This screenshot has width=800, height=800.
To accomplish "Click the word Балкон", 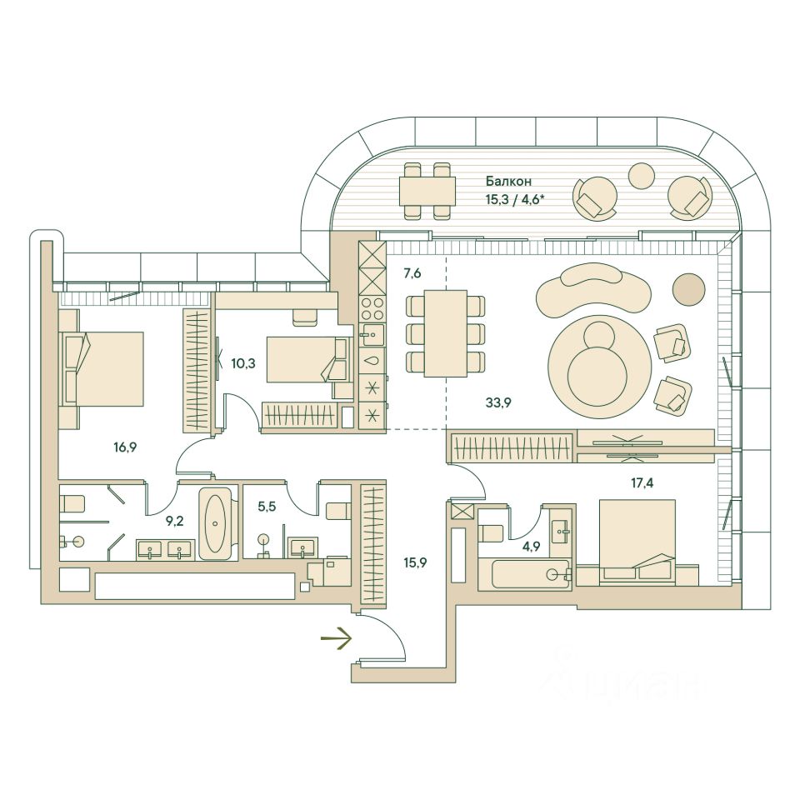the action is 507,181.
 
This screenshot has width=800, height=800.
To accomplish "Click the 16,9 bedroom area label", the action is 126,447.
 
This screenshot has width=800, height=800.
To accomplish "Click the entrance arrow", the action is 336,640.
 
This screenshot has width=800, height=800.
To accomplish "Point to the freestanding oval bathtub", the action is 216,524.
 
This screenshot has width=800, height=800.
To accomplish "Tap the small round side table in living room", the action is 688,288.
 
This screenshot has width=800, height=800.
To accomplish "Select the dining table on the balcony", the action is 427,191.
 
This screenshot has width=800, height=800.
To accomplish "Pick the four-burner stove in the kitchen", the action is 372,310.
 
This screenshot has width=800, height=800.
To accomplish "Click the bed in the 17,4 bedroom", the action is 637,540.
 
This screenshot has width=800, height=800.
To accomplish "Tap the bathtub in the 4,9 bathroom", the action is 528,575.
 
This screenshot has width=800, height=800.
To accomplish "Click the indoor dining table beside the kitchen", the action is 445,332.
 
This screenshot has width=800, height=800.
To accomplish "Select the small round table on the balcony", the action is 642,175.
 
